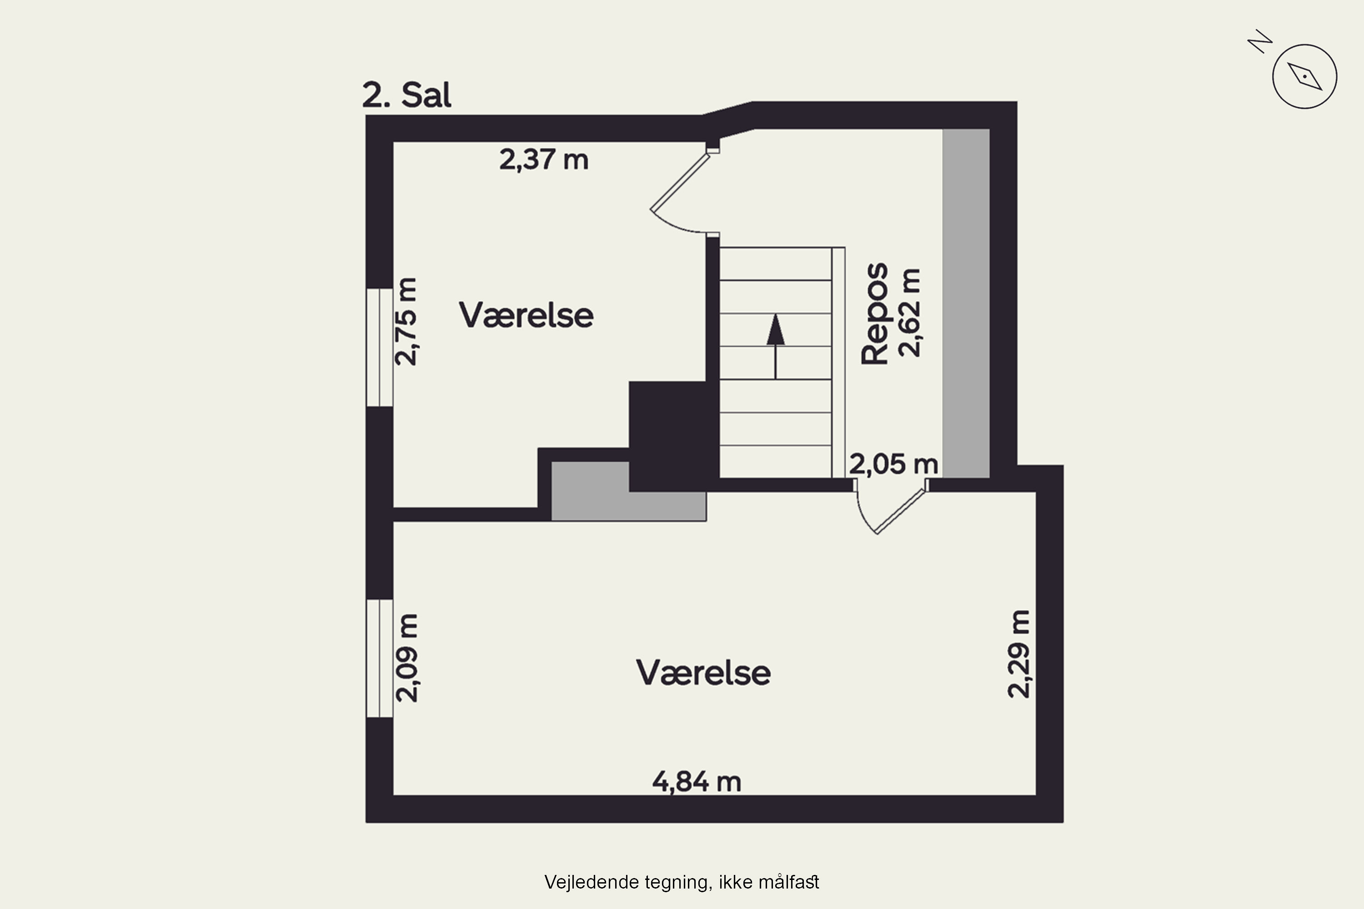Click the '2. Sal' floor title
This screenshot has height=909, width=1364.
(406, 95)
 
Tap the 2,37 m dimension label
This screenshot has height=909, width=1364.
(543, 160)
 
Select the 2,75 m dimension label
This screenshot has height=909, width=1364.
(406, 322)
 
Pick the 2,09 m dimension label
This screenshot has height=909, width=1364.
(406, 658)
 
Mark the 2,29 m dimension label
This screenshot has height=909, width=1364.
(1019, 654)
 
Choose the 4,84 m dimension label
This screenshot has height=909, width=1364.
(697, 781)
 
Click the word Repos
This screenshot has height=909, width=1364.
(874, 314)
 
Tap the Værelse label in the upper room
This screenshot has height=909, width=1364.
(526, 315)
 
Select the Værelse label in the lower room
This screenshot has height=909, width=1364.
(703, 673)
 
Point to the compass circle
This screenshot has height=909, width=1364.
(1304, 76)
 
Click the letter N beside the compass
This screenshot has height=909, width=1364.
(1259, 41)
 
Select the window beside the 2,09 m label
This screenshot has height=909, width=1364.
(379, 658)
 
